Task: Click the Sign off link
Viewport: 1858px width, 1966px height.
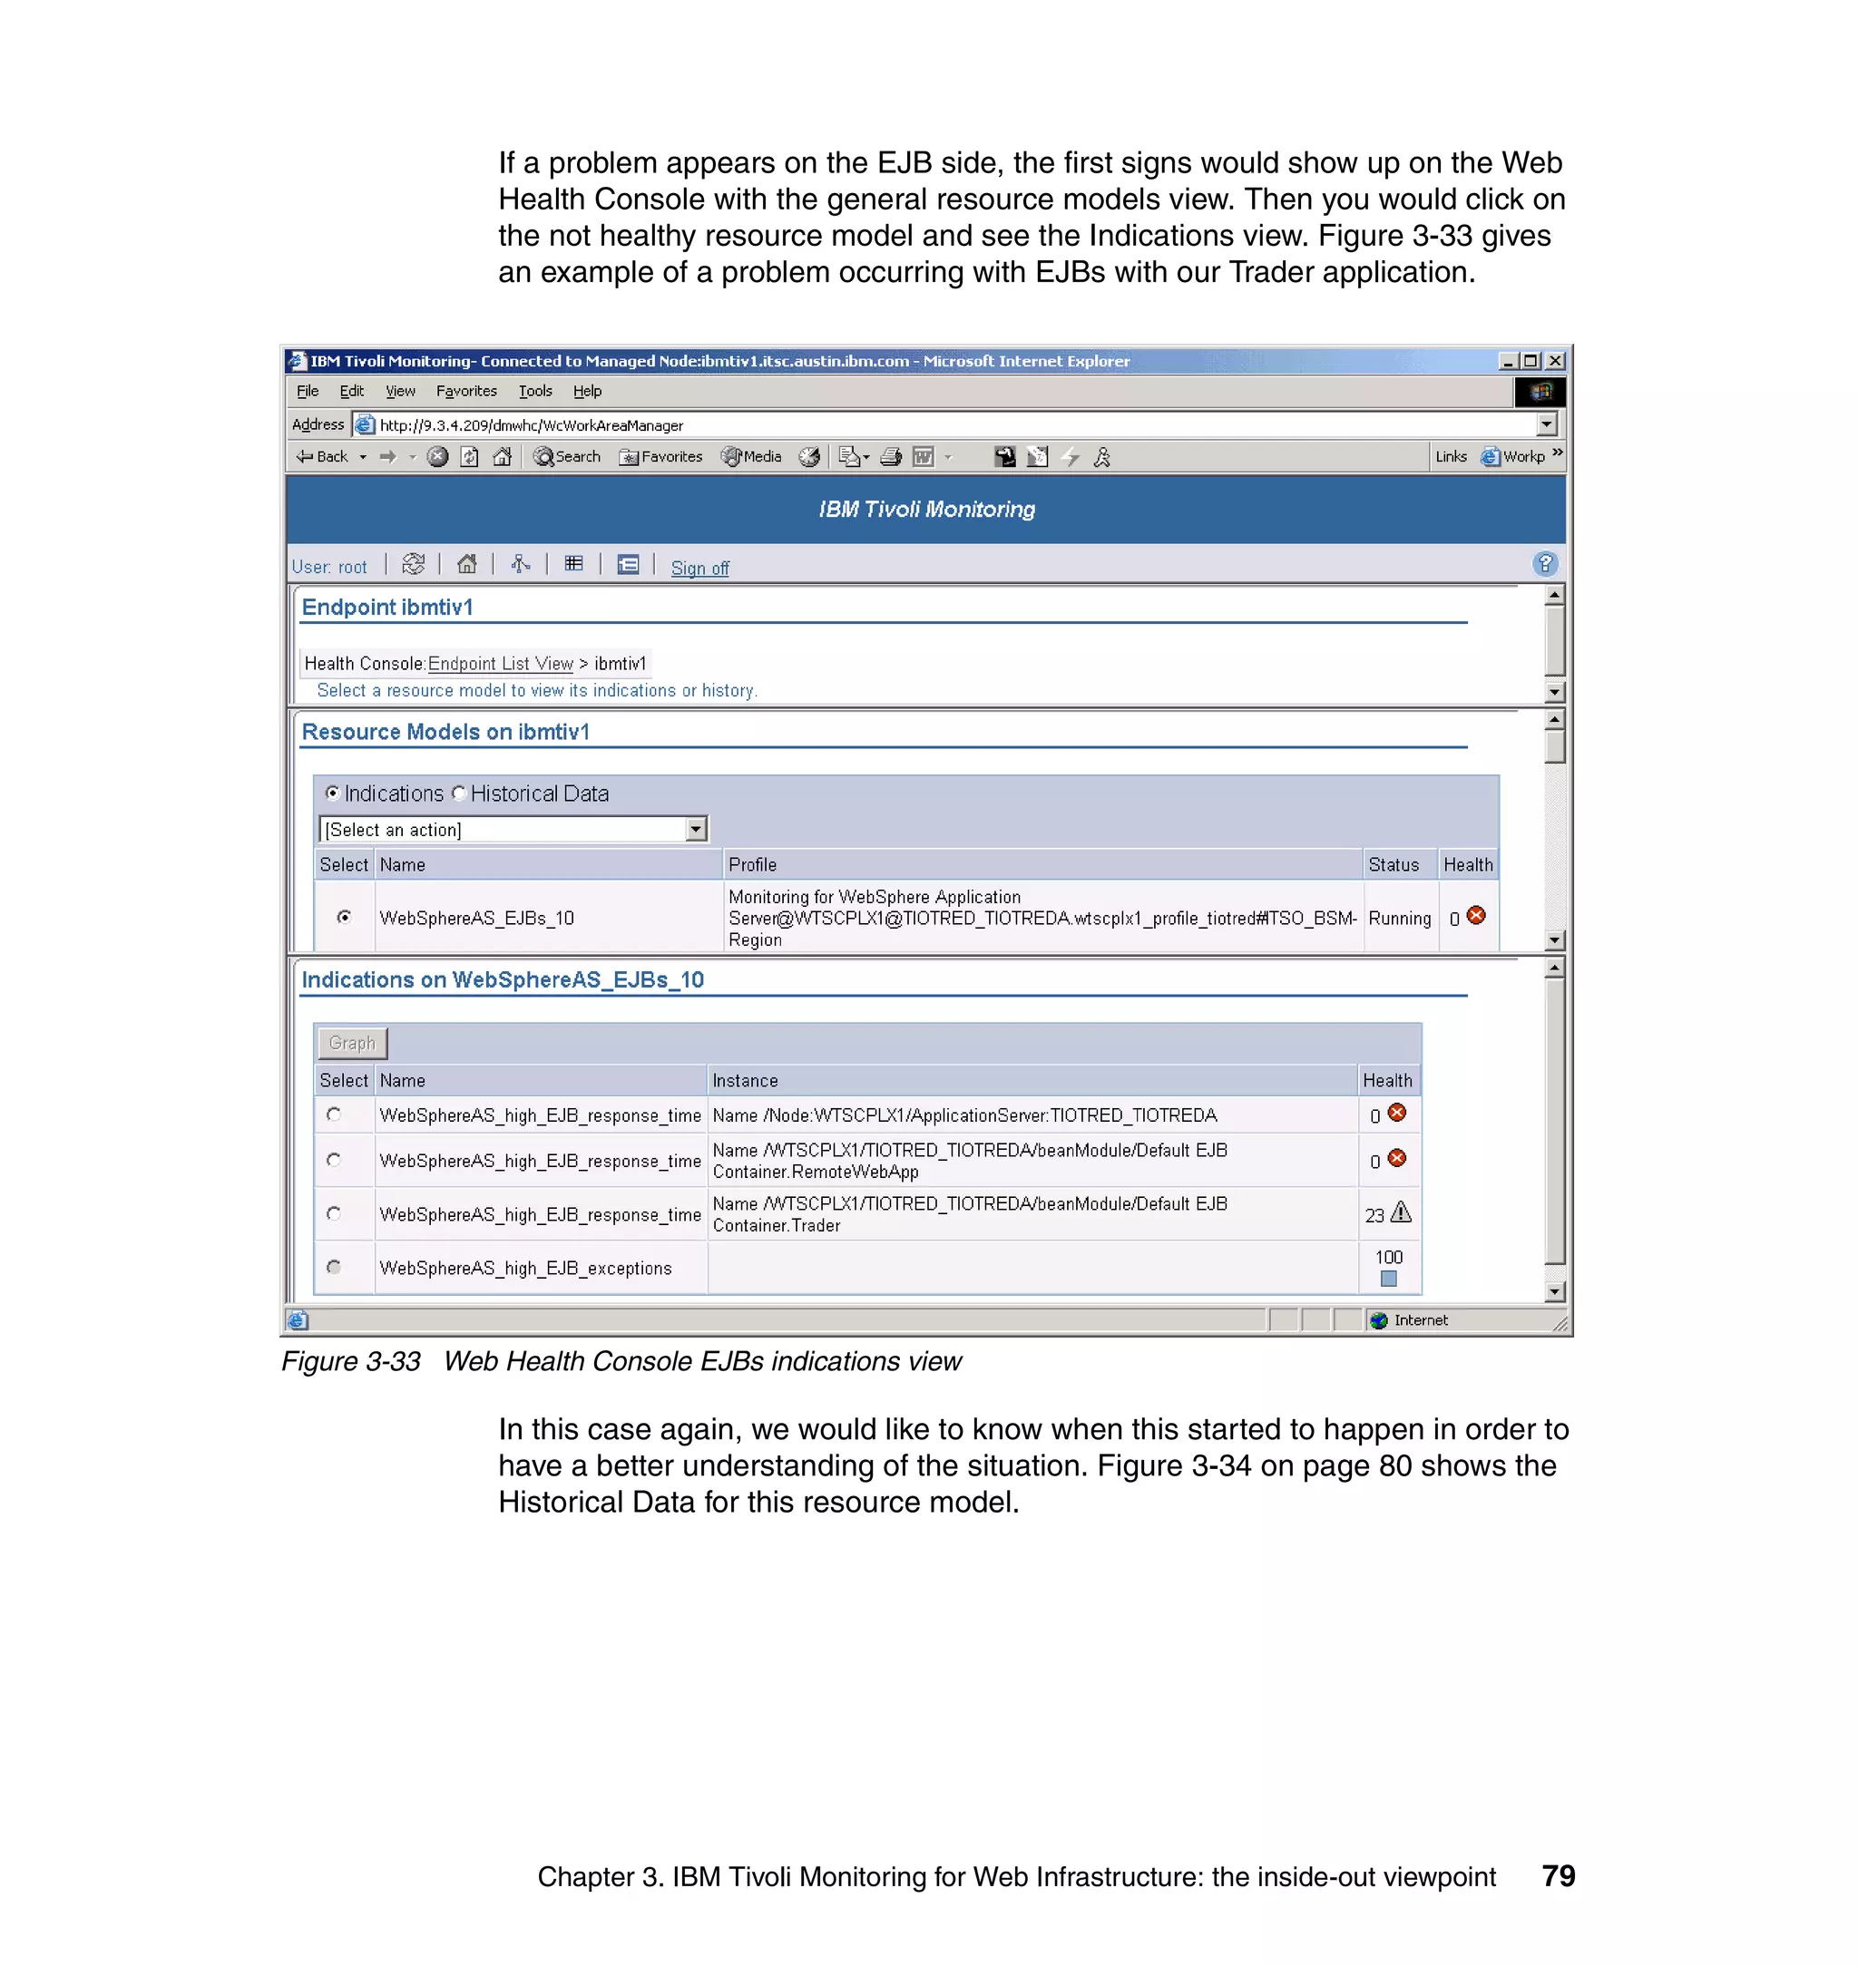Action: tap(699, 569)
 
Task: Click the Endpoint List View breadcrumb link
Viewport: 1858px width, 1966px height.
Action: tap(500, 663)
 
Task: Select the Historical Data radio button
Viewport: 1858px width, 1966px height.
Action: tap(458, 793)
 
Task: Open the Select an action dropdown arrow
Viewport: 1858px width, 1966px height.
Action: tap(696, 830)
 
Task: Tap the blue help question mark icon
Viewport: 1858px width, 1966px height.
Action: tap(1544, 564)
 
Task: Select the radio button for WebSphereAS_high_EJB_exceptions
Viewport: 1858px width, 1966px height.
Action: tap(334, 1267)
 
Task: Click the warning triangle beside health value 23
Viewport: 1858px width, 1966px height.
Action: tap(1401, 1212)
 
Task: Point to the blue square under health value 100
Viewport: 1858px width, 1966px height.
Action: tap(1389, 1279)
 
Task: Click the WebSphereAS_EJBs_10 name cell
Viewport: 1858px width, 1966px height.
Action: tap(476, 918)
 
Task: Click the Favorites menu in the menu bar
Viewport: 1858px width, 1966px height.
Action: tap(466, 391)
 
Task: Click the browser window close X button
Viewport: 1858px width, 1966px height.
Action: tap(1555, 361)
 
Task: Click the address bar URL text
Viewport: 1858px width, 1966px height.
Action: tap(531, 425)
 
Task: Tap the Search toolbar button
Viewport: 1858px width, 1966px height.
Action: tap(568, 456)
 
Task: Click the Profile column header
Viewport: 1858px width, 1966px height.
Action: tap(753, 864)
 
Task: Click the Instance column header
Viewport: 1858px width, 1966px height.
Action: tap(745, 1080)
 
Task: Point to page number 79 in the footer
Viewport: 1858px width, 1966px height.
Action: tap(1558, 1876)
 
